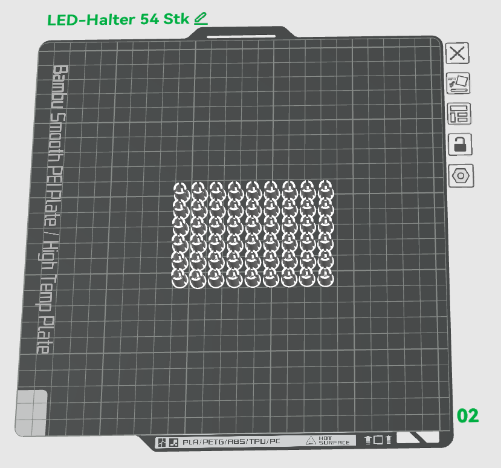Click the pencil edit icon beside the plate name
tap(201, 18)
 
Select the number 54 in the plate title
tap(150, 19)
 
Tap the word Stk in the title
tap(177, 19)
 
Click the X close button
tap(457, 53)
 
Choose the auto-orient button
tap(458, 83)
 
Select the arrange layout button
tap(459, 114)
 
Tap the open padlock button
tap(459, 145)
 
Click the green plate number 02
tap(468, 415)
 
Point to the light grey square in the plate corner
tap(31, 412)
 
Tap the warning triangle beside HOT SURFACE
tap(311, 441)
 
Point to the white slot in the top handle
tap(241, 36)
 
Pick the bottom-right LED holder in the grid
tap(325, 278)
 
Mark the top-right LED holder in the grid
tap(325, 187)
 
